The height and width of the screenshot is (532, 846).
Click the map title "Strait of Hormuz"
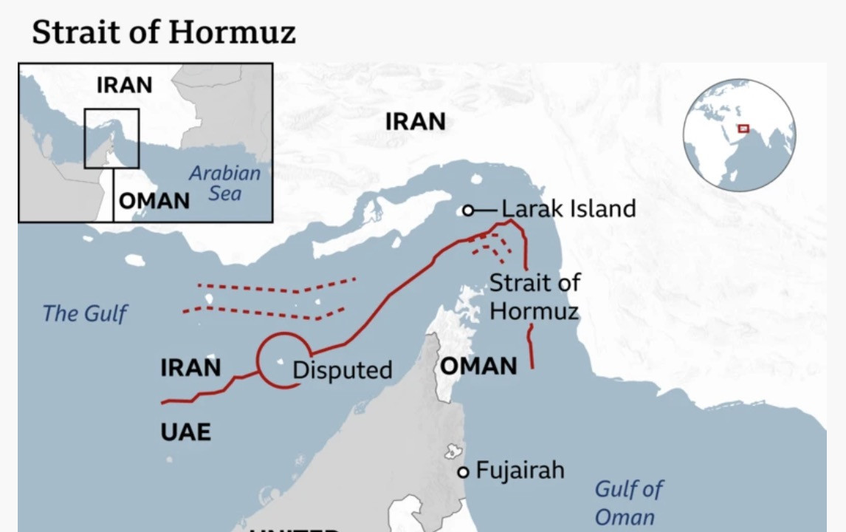click(x=163, y=32)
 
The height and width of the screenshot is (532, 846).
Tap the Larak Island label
click(x=568, y=209)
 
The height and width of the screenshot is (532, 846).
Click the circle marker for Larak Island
click(x=467, y=211)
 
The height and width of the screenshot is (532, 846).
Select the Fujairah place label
click(x=520, y=470)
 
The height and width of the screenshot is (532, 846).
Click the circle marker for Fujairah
click(x=463, y=472)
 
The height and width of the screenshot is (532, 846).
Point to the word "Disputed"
click(x=342, y=370)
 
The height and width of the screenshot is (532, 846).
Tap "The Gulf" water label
click(x=84, y=313)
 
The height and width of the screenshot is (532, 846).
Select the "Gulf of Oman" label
click(x=627, y=502)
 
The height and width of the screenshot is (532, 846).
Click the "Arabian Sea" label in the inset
click(x=224, y=183)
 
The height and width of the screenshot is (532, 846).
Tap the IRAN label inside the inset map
click(x=124, y=85)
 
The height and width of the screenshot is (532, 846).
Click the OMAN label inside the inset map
click(x=154, y=200)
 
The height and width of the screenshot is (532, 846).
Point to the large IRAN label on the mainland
click(x=416, y=121)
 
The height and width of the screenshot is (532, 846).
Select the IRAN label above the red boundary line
click(x=190, y=367)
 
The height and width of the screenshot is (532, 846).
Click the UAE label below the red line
click(x=185, y=432)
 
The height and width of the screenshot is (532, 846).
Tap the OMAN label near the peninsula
click(x=478, y=366)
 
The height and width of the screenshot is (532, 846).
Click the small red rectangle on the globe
click(x=743, y=129)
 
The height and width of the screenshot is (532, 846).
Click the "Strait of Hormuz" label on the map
click(x=534, y=296)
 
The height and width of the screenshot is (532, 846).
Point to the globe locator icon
click(x=739, y=135)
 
